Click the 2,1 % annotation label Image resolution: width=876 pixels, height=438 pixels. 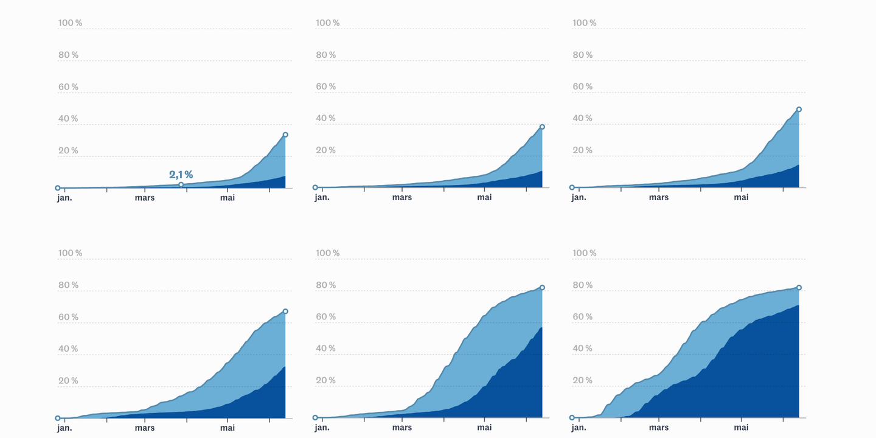[x=181, y=175]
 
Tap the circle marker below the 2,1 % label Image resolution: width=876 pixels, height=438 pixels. [x=181, y=184]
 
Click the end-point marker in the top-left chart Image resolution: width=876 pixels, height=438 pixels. [x=285, y=135]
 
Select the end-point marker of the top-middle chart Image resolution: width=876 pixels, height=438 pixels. [x=542, y=127]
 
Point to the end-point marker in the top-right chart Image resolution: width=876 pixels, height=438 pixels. [x=799, y=109]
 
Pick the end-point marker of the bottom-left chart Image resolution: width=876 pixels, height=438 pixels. [x=285, y=311]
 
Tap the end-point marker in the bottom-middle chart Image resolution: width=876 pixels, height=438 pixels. [x=542, y=287]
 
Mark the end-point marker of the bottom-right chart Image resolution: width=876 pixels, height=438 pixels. [x=799, y=287]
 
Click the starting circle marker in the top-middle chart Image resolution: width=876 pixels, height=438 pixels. [x=315, y=187]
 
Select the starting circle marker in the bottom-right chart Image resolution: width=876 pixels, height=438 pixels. [x=572, y=418]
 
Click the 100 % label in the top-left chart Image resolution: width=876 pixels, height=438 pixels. [x=71, y=23]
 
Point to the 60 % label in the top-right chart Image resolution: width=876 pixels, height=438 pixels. [x=583, y=86]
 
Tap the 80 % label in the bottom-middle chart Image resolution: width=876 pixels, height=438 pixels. [x=326, y=285]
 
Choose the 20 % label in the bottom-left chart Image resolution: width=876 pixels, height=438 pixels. [x=68, y=381]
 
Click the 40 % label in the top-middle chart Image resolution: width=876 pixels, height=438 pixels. [x=326, y=118]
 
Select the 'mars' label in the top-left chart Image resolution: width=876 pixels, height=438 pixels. [x=145, y=198]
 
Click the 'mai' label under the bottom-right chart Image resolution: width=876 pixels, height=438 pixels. [x=741, y=428]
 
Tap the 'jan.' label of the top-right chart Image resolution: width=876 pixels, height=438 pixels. [x=579, y=198]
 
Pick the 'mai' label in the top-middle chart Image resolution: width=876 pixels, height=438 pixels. [x=484, y=198]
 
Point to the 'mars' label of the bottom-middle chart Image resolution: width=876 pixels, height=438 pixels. [x=402, y=428]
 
